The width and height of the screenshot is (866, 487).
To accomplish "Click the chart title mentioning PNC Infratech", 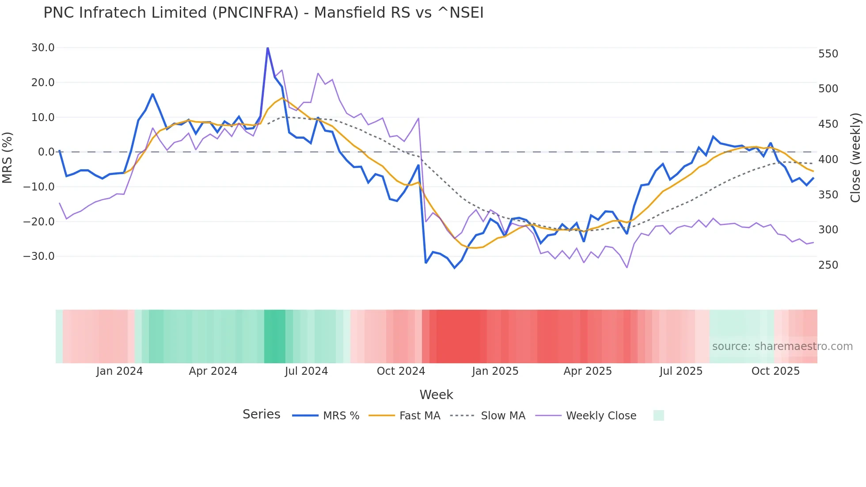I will pyautogui.click(x=263, y=12).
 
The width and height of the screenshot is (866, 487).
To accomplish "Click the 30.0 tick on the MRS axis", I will pyautogui.click(x=43, y=48).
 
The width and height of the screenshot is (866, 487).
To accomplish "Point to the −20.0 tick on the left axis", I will pyautogui.click(x=39, y=221).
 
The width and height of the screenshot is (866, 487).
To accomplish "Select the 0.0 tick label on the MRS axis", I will pyautogui.click(x=46, y=152).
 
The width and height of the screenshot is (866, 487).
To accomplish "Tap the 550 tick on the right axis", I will pyautogui.click(x=828, y=54).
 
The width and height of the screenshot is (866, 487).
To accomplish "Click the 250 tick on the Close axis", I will pyautogui.click(x=828, y=265).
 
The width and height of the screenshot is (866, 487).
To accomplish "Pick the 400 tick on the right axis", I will pyautogui.click(x=828, y=160).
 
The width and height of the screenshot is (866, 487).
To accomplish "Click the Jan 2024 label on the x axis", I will pyautogui.click(x=119, y=371).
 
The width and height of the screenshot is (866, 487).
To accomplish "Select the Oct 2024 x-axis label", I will pyautogui.click(x=401, y=371).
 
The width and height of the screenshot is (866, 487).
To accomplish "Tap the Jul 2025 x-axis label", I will pyautogui.click(x=681, y=371).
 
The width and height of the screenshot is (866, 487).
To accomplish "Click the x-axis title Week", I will pyautogui.click(x=436, y=395).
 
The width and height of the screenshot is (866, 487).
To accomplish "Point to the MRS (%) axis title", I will pyautogui.click(x=8, y=157).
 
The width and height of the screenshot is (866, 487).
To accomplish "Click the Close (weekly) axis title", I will pyautogui.click(x=855, y=158).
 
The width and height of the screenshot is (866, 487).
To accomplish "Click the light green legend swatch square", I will pyautogui.click(x=658, y=415).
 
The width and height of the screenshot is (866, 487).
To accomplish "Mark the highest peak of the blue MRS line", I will pyautogui.click(x=268, y=48).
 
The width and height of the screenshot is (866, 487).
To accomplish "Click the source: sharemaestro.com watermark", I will pyautogui.click(x=782, y=346).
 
